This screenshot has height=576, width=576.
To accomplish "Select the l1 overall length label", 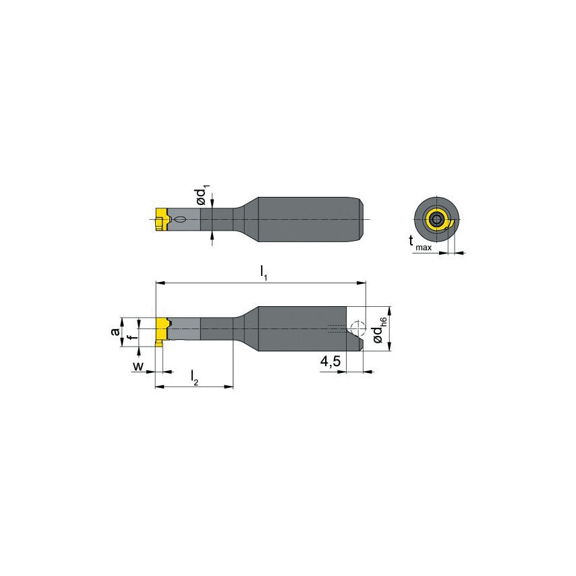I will click(x=264, y=272).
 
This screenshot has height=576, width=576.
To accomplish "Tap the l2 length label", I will click(x=194, y=377).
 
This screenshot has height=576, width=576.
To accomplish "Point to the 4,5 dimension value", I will click(x=330, y=362).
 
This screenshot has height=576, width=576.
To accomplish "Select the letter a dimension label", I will click(x=115, y=331).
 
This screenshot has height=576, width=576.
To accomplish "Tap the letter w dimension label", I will click(x=138, y=368).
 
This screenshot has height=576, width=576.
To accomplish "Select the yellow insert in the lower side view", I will click(x=163, y=330).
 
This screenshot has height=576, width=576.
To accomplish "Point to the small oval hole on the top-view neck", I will click(x=181, y=219).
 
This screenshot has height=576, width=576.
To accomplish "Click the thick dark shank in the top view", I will click(x=304, y=219).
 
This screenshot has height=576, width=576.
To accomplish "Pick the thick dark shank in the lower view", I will click(x=297, y=328).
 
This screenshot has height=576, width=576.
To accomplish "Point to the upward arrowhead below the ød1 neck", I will click(x=212, y=235).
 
